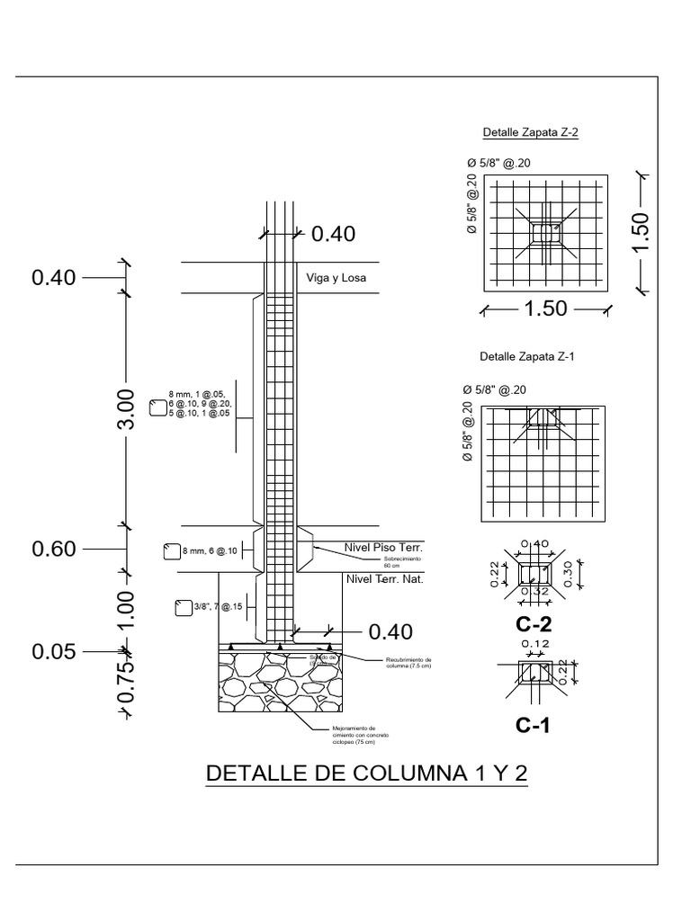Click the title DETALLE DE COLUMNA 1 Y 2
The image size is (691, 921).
366,773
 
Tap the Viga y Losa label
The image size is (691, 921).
337,278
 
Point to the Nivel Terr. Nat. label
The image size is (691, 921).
384,579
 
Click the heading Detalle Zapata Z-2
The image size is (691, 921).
530,132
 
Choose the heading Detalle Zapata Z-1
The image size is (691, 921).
527,356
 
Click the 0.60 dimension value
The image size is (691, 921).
55,549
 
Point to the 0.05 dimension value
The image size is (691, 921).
55,650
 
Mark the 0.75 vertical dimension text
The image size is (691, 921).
126,683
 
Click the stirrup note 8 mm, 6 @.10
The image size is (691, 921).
210,551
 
